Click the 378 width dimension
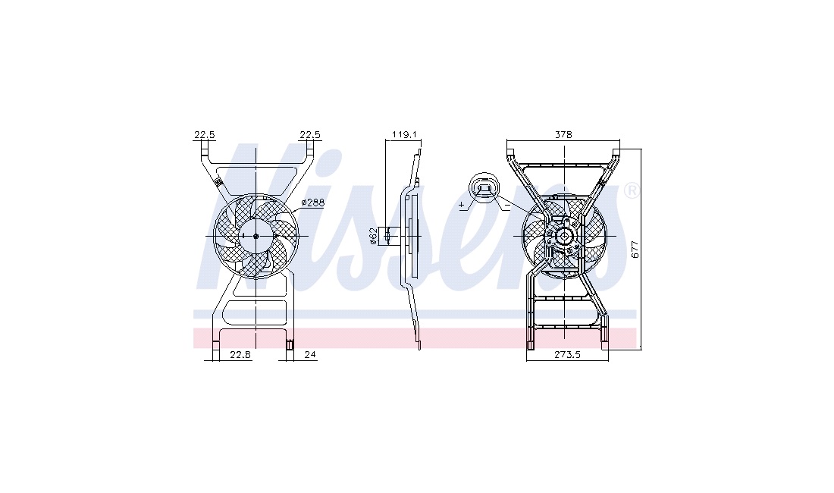tap(563, 135)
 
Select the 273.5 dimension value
tap(567, 355)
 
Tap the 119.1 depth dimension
tap(403, 135)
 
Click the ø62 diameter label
tap(373, 236)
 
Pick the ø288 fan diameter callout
tap(312, 203)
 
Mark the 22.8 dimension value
tap(240, 355)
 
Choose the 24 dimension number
tap(310, 355)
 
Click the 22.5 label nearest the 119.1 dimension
tap(310, 135)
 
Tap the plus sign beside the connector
tap(461, 205)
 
